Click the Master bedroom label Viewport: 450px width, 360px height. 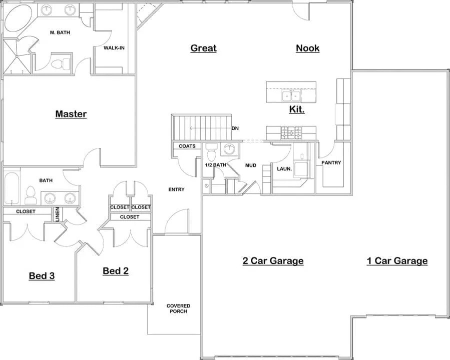click(71, 114)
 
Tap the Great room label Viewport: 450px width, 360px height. click(203, 48)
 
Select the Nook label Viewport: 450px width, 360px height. click(307, 48)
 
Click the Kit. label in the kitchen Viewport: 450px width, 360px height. click(296, 109)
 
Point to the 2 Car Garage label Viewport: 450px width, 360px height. click(273, 260)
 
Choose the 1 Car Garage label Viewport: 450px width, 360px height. click(397, 260)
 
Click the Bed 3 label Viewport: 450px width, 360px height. click(42, 275)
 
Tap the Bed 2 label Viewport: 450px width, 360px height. click(116, 270)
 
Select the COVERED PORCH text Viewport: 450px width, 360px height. click(178, 308)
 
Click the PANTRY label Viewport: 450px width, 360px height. click(331, 162)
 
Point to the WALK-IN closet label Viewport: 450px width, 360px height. click(114, 48)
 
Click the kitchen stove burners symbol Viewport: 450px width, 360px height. click(291, 132)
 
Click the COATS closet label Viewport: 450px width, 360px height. click(187, 146)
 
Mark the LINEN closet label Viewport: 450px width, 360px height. click(58, 213)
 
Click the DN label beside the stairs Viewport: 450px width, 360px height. click(235, 128)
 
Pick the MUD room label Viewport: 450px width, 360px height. click(250, 164)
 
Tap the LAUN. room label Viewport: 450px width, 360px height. click(284, 168)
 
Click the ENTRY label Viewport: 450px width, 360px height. click(176, 189)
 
